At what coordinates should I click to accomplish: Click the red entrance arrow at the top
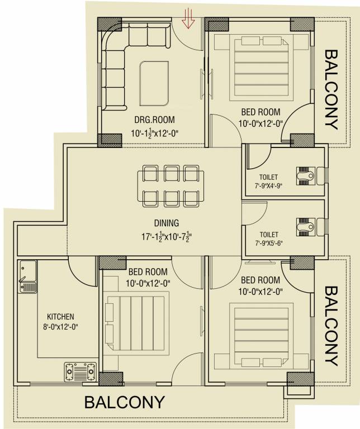(x=189, y=20)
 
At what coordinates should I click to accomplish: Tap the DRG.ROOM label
(x=154, y=120)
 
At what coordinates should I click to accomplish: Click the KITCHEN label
(x=60, y=316)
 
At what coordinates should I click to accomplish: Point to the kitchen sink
(x=27, y=277)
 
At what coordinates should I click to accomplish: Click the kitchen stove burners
(x=79, y=369)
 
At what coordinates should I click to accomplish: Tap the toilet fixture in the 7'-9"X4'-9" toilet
(x=305, y=176)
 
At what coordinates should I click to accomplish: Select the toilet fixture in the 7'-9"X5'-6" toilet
(x=305, y=226)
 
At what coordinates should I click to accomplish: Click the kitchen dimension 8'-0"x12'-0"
(x=60, y=326)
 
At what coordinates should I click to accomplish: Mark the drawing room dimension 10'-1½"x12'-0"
(x=154, y=134)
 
